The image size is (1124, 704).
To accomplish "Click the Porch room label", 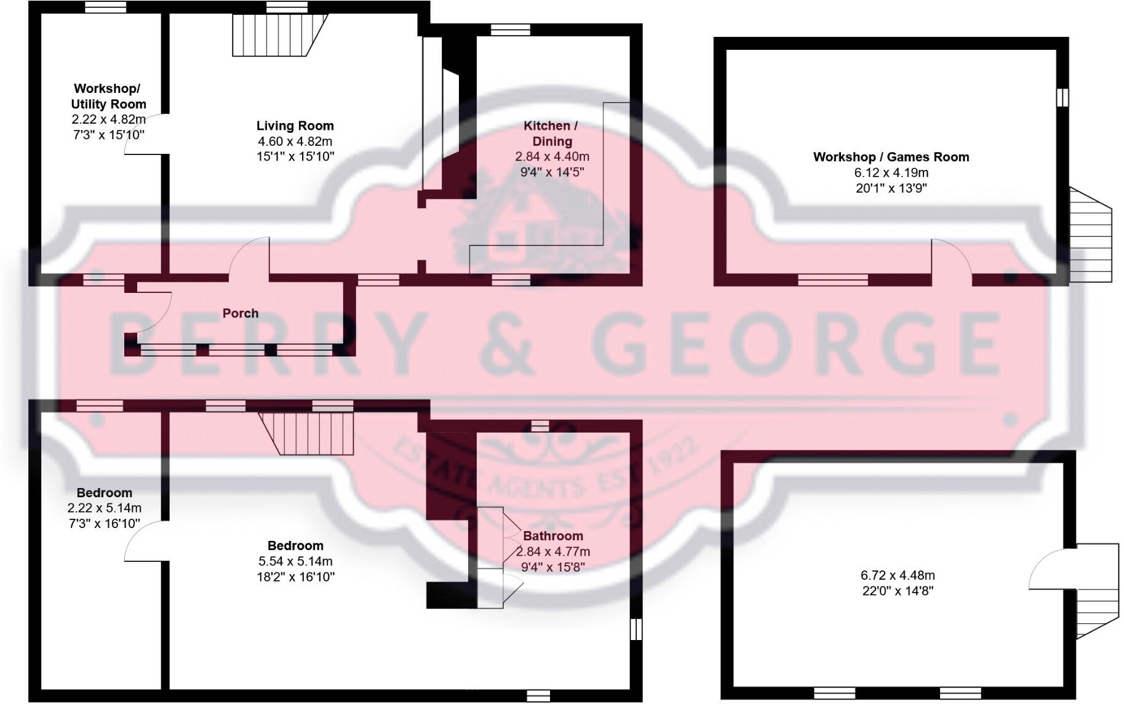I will pyautogui.click(x=240, y=313).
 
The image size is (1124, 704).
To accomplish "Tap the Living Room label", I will pyautogui.click(x=295, y=126).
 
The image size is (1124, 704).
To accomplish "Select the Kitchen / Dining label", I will pyautogui.click(x=551, y=133).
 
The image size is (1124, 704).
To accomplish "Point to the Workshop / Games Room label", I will pyautogui.click(x=891, y=157).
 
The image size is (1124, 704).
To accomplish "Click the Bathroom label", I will pyautogui.click(x=552, y=536).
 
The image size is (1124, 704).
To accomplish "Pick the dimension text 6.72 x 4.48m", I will pyautogui.click(x=897, y=575).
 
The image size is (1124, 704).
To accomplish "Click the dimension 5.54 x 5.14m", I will pyautogui.click(x=295, y=561).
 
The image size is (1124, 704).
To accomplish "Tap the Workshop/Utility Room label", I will pyautogui.click(x=108, y=97).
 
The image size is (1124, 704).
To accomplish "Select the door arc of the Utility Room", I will pyautogui.click(x=144, y=134).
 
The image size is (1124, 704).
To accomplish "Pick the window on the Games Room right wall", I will pyautogui.click(x=1062, y=97).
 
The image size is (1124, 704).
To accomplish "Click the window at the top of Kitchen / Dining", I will pyautogui.click(x=510, y=30).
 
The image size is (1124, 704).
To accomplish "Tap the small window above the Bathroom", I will pyautogui.click(x=540, y=426).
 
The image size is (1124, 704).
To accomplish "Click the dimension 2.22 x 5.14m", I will pyautogui.click(x=104, y=508).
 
